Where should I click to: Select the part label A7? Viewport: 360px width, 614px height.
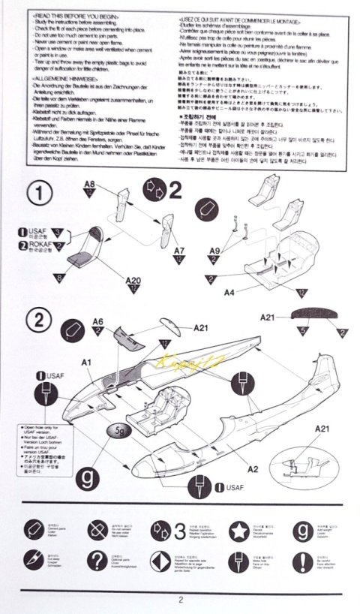[x=179, y=250]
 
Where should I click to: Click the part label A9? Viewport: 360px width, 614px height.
[x=214, y=251]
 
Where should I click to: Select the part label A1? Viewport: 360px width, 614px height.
[x=86, y=363]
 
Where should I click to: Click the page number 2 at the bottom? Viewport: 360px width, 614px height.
[x=180, y=599]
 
